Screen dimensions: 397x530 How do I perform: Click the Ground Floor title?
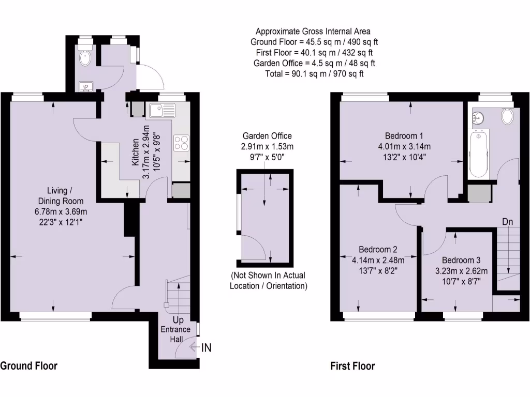(x=28, y=366)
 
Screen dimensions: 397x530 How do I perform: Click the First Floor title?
(x=352, y=366)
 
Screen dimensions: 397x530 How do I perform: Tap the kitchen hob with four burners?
(x=182, y=142)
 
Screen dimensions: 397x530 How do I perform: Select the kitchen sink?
(x=162, y=110)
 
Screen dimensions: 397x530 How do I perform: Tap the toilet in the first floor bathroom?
(x=508, y=116)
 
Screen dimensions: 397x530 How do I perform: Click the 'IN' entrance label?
(x=206, y=348)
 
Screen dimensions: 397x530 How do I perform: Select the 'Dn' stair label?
(x=507, y=222)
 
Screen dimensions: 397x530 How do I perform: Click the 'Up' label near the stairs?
(x=178, y=320)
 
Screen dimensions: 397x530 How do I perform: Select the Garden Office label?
(x=267, y=136)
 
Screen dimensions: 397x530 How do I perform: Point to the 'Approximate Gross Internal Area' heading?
(x=313, y=32)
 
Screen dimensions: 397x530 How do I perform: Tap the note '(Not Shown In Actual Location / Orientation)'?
(x=268, y=280)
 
